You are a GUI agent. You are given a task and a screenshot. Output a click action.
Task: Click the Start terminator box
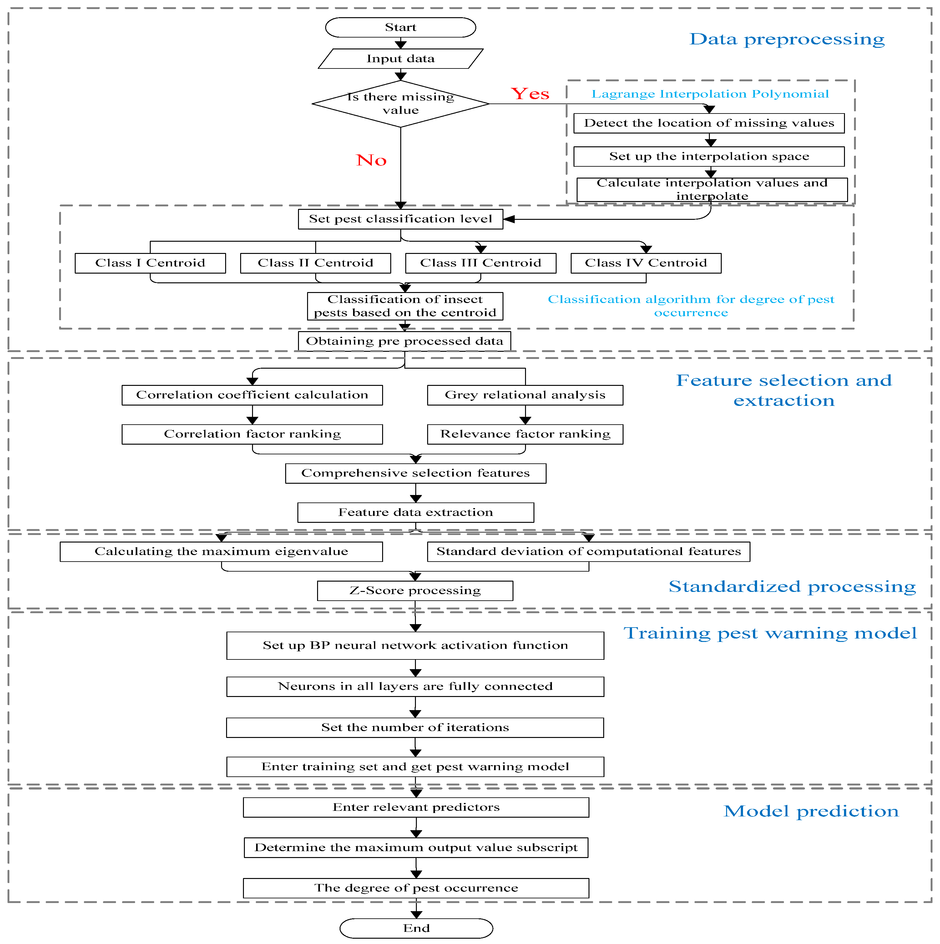tap(401, 28)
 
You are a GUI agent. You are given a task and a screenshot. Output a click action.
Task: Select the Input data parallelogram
tap(401, 59)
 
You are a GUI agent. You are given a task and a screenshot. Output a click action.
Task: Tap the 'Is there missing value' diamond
tap(401, 103)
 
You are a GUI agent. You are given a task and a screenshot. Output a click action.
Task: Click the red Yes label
tap(530, 93)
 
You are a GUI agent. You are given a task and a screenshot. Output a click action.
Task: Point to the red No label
tap(371, 160)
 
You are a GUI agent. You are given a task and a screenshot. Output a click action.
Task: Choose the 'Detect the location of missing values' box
tap(709, 123)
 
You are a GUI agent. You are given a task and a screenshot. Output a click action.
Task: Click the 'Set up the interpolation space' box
tap(709, 156)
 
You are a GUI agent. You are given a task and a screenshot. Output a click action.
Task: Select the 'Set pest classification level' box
tap(401, 219)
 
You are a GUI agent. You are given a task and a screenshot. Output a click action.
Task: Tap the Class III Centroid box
tap(481, 263)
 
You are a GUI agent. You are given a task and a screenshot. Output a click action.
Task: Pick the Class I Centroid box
tap(150, 263)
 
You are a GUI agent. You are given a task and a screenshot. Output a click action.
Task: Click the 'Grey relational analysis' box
tap(525, 395)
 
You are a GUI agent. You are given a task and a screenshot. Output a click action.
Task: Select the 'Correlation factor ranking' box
tap(252, 434)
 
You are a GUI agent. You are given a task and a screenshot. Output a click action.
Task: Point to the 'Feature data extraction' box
tap(416, 512)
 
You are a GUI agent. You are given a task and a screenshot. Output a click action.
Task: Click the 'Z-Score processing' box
tap(415, 590)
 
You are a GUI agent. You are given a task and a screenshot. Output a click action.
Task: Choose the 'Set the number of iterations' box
tap(415, 727)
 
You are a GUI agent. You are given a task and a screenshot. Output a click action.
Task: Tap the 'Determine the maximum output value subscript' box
tap(416, 847)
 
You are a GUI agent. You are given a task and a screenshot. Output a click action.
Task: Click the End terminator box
tap(416, 928)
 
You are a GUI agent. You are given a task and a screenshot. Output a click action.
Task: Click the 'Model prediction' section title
tap(811, 811)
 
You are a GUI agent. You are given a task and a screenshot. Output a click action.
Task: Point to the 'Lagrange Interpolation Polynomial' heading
tap(710, 94)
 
